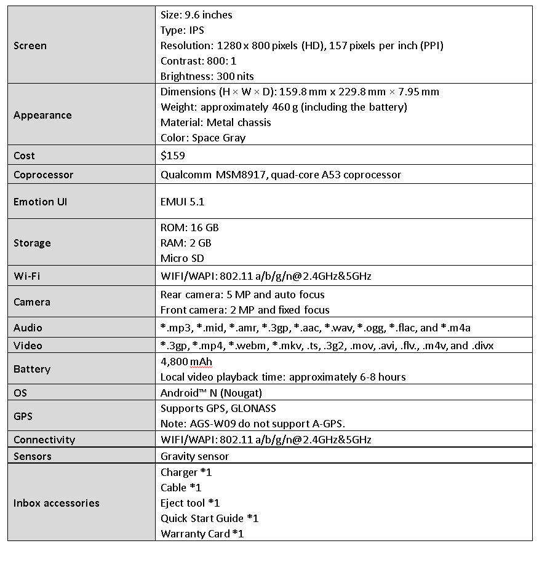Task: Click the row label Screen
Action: [x=30, y=46]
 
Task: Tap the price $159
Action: [x=173, y=156]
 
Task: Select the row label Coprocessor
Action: [x=43, y=175]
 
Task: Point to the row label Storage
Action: [x=32, y=243]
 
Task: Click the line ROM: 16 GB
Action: [x=189, y=228]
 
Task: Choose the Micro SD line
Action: [x=182, y=258]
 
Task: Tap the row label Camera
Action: [x=32, y=302]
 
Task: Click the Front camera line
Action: [x=245, y=310]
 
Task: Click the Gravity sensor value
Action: [x=194, y=456]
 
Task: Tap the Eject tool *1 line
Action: [x=190, y=503]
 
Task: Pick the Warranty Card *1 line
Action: [x=202, y=534]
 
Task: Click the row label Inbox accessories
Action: [x=56, y=503]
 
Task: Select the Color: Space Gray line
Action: [x=203, y=138]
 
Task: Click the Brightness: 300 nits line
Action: [x=207, y=76]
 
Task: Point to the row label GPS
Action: [x=23, y=416]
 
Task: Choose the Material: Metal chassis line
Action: [x=216, y=122]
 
